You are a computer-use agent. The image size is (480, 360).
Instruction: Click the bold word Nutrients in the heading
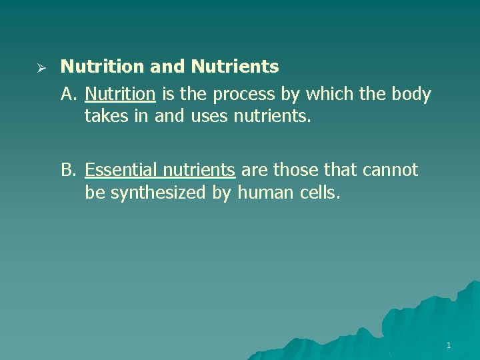click(x=235, y=67)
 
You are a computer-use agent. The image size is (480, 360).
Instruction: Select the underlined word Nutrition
click(x=120, y=94)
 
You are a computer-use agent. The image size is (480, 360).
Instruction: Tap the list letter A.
click(x=68, y=94)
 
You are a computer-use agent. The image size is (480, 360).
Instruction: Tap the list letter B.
click(x=68, y=170)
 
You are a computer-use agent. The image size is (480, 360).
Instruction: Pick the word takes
click(x=105, y=117)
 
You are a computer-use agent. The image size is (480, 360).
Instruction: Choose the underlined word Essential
click(x=121, y=170)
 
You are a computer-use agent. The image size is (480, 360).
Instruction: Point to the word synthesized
click(x=151, y=193)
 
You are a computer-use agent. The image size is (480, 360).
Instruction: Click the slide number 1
click(x=449, y=345)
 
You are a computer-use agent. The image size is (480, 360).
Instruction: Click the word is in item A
click(x=167, y=94)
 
